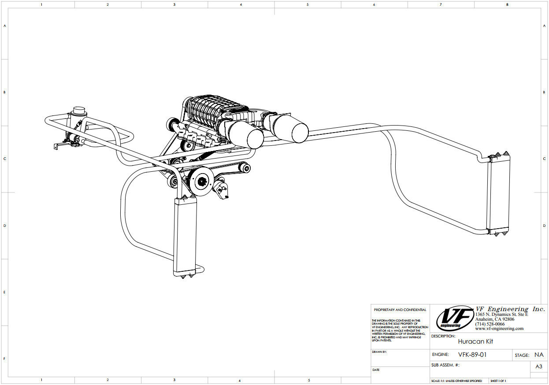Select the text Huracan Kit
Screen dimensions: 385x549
(x=475, y=341)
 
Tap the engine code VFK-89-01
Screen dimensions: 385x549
(x=472, y=355)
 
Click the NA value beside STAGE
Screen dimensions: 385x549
(x=538, y=355)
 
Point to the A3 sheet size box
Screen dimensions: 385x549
(x=538, y=366)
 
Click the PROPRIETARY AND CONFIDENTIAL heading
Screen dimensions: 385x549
(x=400, y=310)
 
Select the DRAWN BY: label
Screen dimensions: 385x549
(x=379, y=352)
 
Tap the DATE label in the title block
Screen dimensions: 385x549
(x=376, y=370)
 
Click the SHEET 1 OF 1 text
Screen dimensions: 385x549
(x=498, y=381)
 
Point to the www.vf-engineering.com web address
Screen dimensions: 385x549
(x=499, y=329)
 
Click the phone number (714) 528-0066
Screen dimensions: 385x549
(x=490, y=324)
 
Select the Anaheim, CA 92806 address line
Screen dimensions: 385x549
(x=494, y=319)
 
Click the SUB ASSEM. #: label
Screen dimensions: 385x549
(x=445, y=365)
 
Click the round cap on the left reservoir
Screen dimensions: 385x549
(x=79, y=109)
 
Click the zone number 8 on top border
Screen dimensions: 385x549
(x=507, y=4)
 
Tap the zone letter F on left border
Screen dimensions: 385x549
(x=4, y=358)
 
